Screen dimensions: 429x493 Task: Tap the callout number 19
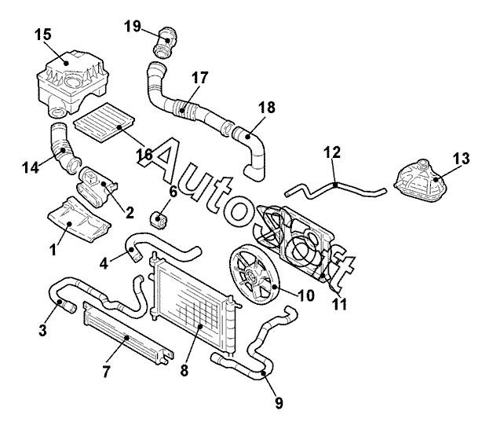(133, 26)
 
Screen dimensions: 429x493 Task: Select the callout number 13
(462, 159)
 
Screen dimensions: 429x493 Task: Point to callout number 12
(332, 152)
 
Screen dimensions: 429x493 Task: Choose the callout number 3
(44, 332)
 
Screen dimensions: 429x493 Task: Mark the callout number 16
(144, 154)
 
